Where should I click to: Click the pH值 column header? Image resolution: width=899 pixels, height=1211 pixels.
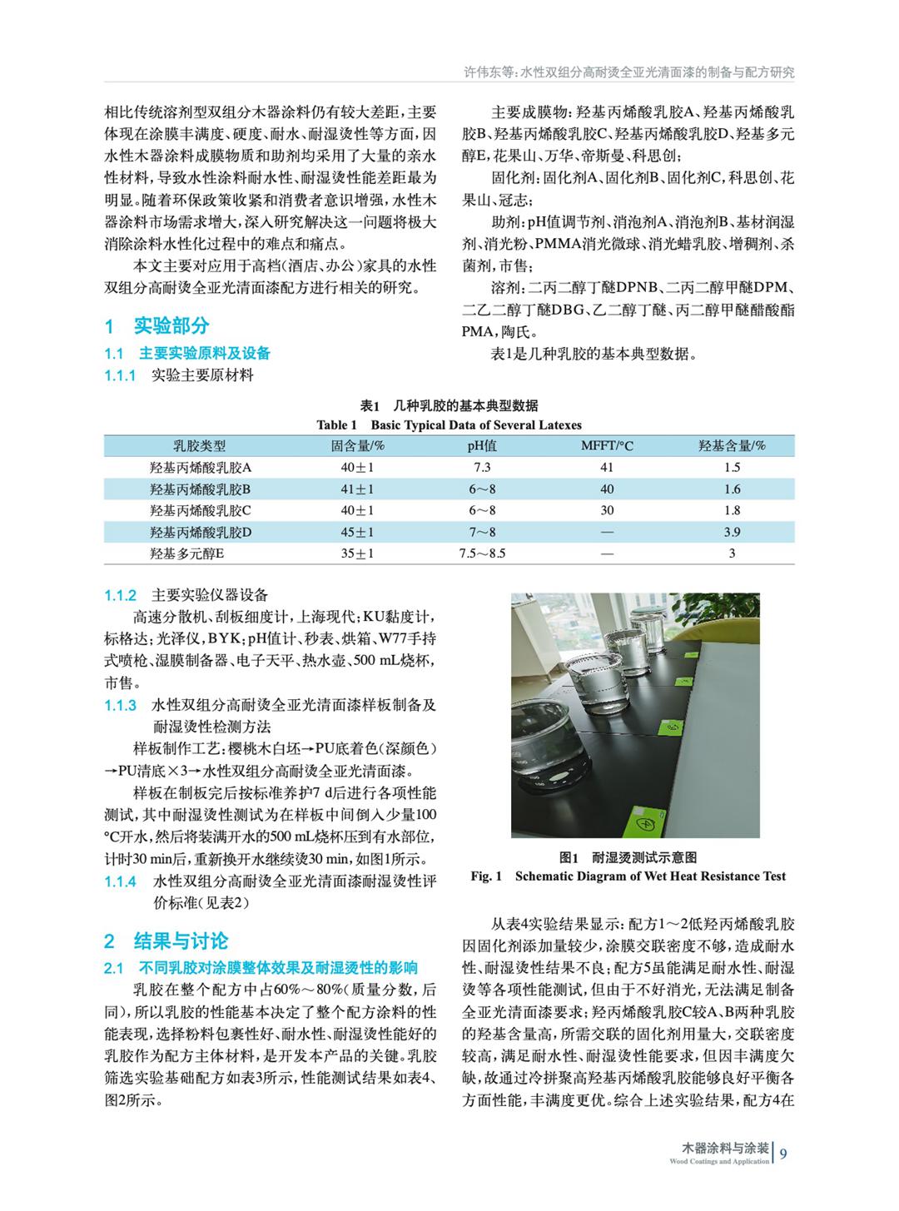click(482, 446)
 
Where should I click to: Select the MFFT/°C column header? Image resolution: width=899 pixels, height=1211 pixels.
click(607, 446)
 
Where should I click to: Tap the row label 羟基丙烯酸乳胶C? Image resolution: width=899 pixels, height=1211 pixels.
click(200, 510)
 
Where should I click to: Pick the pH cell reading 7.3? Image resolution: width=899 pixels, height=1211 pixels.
click(482, 468)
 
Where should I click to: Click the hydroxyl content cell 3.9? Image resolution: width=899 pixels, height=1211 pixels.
click(732, 532)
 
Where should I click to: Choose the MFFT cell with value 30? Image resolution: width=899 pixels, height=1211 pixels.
click(607, 510)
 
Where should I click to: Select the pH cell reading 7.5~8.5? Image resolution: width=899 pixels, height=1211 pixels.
click(482, 553)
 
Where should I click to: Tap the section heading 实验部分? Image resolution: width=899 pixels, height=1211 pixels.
click(171, 325)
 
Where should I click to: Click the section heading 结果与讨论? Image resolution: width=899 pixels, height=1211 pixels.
click(181, 941)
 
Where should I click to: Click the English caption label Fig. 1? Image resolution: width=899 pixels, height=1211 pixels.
click(486, 876)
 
